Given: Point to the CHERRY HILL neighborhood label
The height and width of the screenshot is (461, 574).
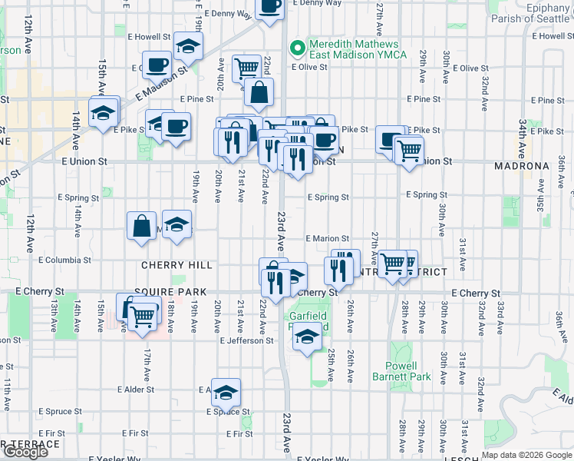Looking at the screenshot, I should pyautogui.click(x=176, y=264).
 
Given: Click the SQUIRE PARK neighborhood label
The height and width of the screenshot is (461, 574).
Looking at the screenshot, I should pyautogui.click(x=166, y=293).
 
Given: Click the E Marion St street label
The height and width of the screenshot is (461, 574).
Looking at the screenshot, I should pyautogui.click(x=328, y=239).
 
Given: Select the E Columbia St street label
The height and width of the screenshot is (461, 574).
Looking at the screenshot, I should pyautogui.click(x=67, y=260).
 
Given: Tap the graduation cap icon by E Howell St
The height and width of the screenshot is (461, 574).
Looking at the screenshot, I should pyautogui.click(x=188, y=46).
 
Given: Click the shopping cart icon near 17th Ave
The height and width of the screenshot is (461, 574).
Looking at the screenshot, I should pyautogui.click(x=142, y=314).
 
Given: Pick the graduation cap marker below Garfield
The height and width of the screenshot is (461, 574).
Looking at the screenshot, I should pyautogui.click(x=308, y=337).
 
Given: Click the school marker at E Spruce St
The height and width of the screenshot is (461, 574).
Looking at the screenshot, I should pyautogui.click(x=226, y=393).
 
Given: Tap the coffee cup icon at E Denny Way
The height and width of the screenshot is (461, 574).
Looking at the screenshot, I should pyautogui.click(x=269, y=7).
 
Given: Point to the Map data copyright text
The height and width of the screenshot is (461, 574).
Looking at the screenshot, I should pyautogui.click(x=526, y=455).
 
